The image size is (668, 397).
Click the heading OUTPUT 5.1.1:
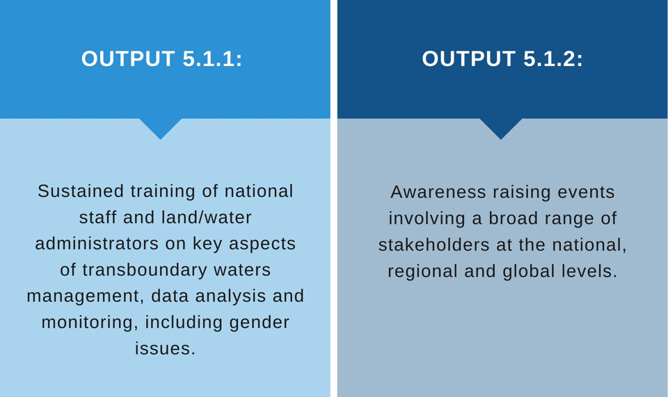[161, 58]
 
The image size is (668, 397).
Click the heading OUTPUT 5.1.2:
[502, 58]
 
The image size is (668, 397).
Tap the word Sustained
[81, 191]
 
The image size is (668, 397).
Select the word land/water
[207, 218]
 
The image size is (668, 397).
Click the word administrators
[97, 244]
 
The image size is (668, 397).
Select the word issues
[166, 348]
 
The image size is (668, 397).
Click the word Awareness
[438, 192]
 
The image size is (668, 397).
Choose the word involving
[427, 219]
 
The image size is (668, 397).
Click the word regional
[422, 272]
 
